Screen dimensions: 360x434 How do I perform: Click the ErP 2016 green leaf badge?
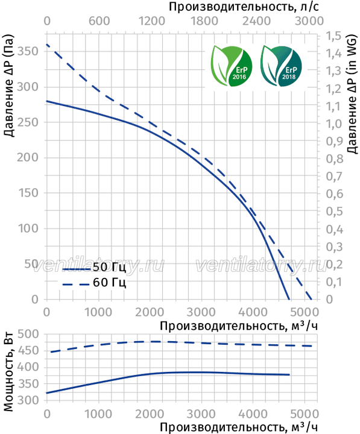[x=231, y=66]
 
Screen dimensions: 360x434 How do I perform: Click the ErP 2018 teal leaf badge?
[x=280, y=66]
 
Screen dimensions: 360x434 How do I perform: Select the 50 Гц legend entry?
[x=94, y=268]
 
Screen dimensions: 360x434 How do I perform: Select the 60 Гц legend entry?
[x=94, y=283]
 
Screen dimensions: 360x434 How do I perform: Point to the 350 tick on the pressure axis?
[x=27, y=51]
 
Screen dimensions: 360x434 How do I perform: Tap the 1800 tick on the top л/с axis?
[x=204, y=21]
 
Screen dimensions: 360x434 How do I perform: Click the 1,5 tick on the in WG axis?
[x=333, y=36]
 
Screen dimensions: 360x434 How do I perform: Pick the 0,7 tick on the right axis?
[x=334, y=176]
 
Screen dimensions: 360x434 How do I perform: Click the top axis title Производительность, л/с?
[x=244, y=7]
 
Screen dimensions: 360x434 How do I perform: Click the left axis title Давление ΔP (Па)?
[x=8, y=86]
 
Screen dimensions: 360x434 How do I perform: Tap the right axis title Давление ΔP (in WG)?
[x=352, y=93]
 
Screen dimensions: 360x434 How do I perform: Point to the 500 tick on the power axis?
[x=28, y=334]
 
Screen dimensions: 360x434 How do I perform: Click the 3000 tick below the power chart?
[x=201, y=414]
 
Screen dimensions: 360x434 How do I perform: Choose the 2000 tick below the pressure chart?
[x=150, y=312]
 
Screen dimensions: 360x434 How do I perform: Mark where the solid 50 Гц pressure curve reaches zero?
[x=289, y=299]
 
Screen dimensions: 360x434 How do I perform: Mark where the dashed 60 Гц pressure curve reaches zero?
[x=311, y=299]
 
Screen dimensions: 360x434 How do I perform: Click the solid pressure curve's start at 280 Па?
[x=46, y=101]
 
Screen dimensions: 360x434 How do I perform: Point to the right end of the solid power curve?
[x=289, y=374]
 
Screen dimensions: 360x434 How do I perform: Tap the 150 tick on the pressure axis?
[x=28, y=193]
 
